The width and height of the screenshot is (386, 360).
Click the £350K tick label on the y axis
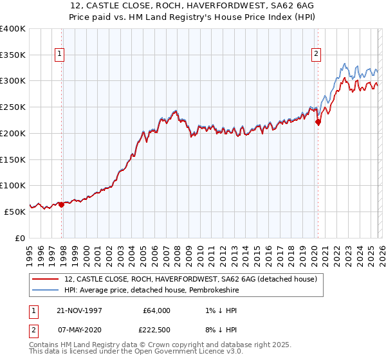coord(13,55)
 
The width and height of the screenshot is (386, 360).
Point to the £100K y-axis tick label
coord(13,186)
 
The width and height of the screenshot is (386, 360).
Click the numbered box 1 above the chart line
coord(59,55)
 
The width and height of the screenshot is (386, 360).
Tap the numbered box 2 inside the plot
coord(317,55)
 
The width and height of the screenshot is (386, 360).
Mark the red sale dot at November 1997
coord(62,205)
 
